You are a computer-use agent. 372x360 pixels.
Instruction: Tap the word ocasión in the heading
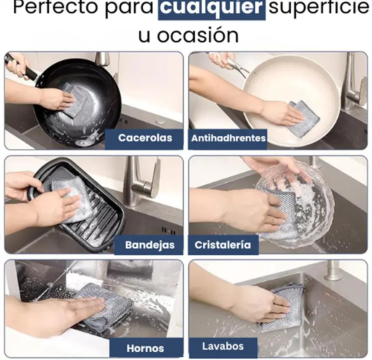tap(198, 35)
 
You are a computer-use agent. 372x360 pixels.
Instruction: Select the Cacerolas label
tap(145, 138)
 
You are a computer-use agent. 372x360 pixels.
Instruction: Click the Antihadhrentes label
tap(228, 138)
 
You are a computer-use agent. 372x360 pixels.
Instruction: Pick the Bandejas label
tap(150, 245)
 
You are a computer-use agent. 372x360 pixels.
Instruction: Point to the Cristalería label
tap(223, 245)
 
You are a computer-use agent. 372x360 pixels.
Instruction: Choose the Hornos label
tap(145, 348)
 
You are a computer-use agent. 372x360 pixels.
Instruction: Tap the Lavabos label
tap(223, 347)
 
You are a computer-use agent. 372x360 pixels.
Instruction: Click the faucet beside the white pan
tap(353, 80)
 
